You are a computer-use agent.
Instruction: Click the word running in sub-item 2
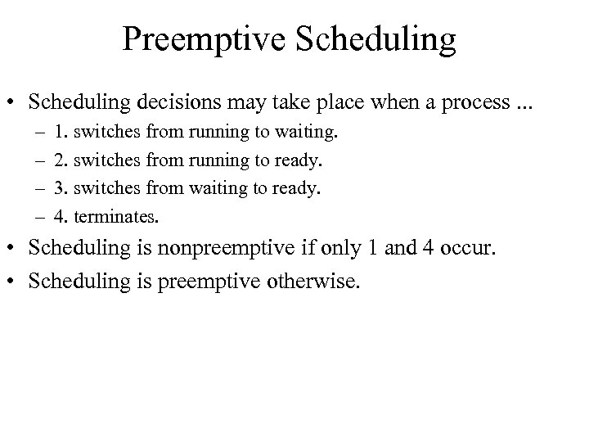point(215,160)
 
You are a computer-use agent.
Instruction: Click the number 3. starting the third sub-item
point(61,188)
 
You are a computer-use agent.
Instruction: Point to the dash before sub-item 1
point(40,130)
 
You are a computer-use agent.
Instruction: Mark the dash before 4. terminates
point(40,218)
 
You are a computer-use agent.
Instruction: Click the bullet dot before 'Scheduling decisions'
point(16,102)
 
